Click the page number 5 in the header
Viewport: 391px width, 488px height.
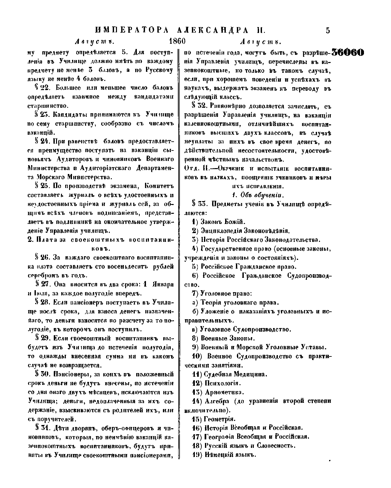click(328, 31)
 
